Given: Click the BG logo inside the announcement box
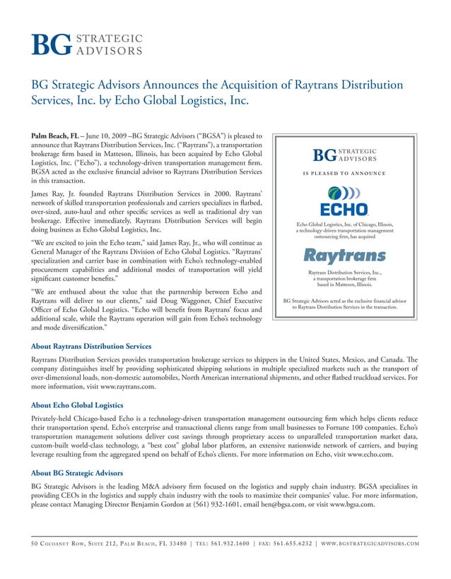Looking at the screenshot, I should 344,155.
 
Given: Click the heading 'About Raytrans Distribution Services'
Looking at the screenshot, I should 91,347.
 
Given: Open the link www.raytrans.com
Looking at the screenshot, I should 125,388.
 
